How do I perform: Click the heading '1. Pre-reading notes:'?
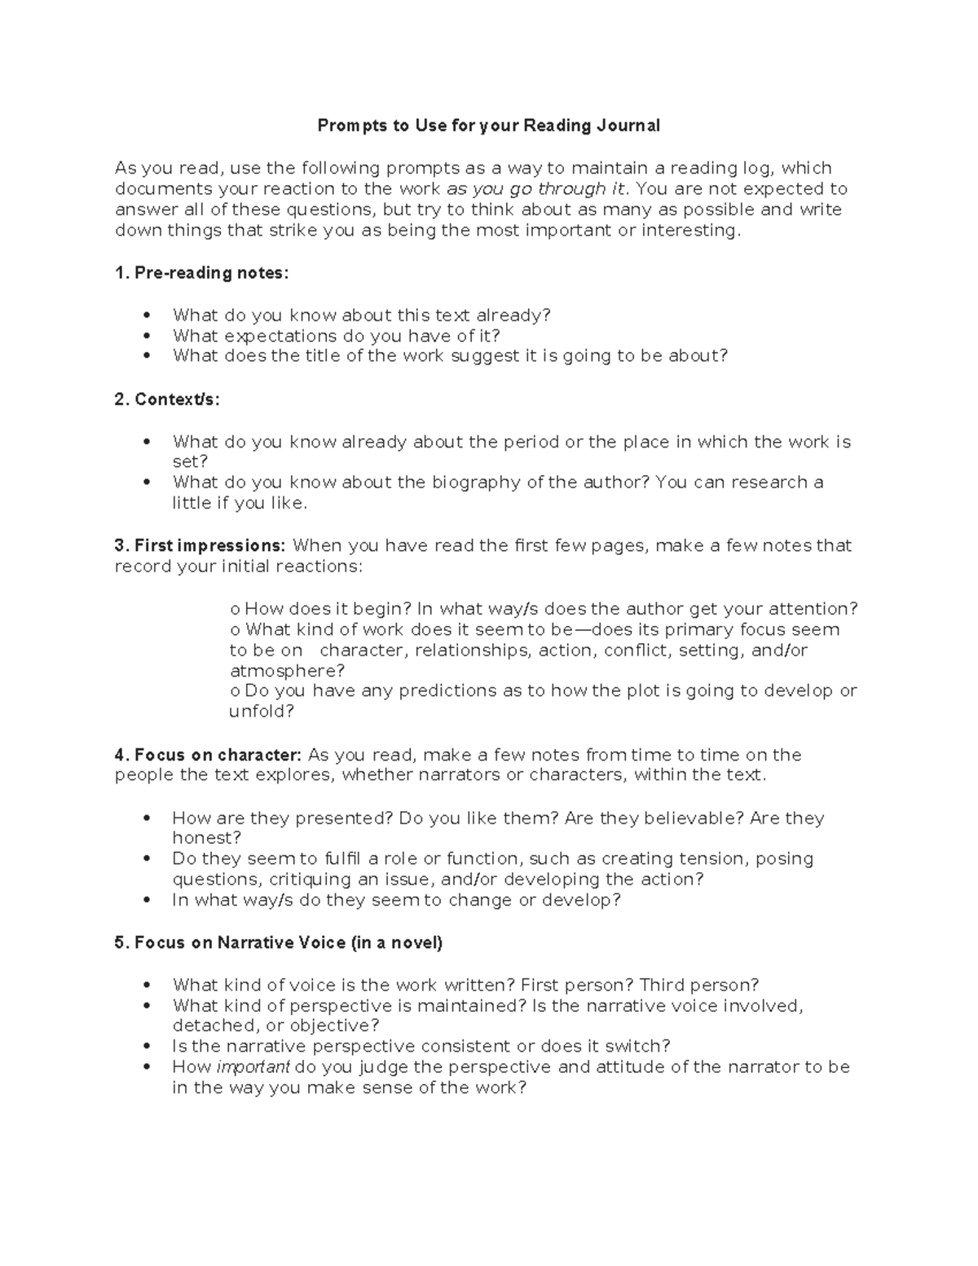202,273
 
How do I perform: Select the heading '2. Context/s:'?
167,399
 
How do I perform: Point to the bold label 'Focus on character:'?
218,755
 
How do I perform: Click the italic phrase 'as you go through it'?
537,189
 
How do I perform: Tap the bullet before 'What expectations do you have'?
147,336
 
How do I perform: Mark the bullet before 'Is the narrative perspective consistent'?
147,1047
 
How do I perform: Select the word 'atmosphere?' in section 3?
287,671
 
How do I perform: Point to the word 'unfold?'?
261,712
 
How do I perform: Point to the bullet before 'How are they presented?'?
147,818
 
